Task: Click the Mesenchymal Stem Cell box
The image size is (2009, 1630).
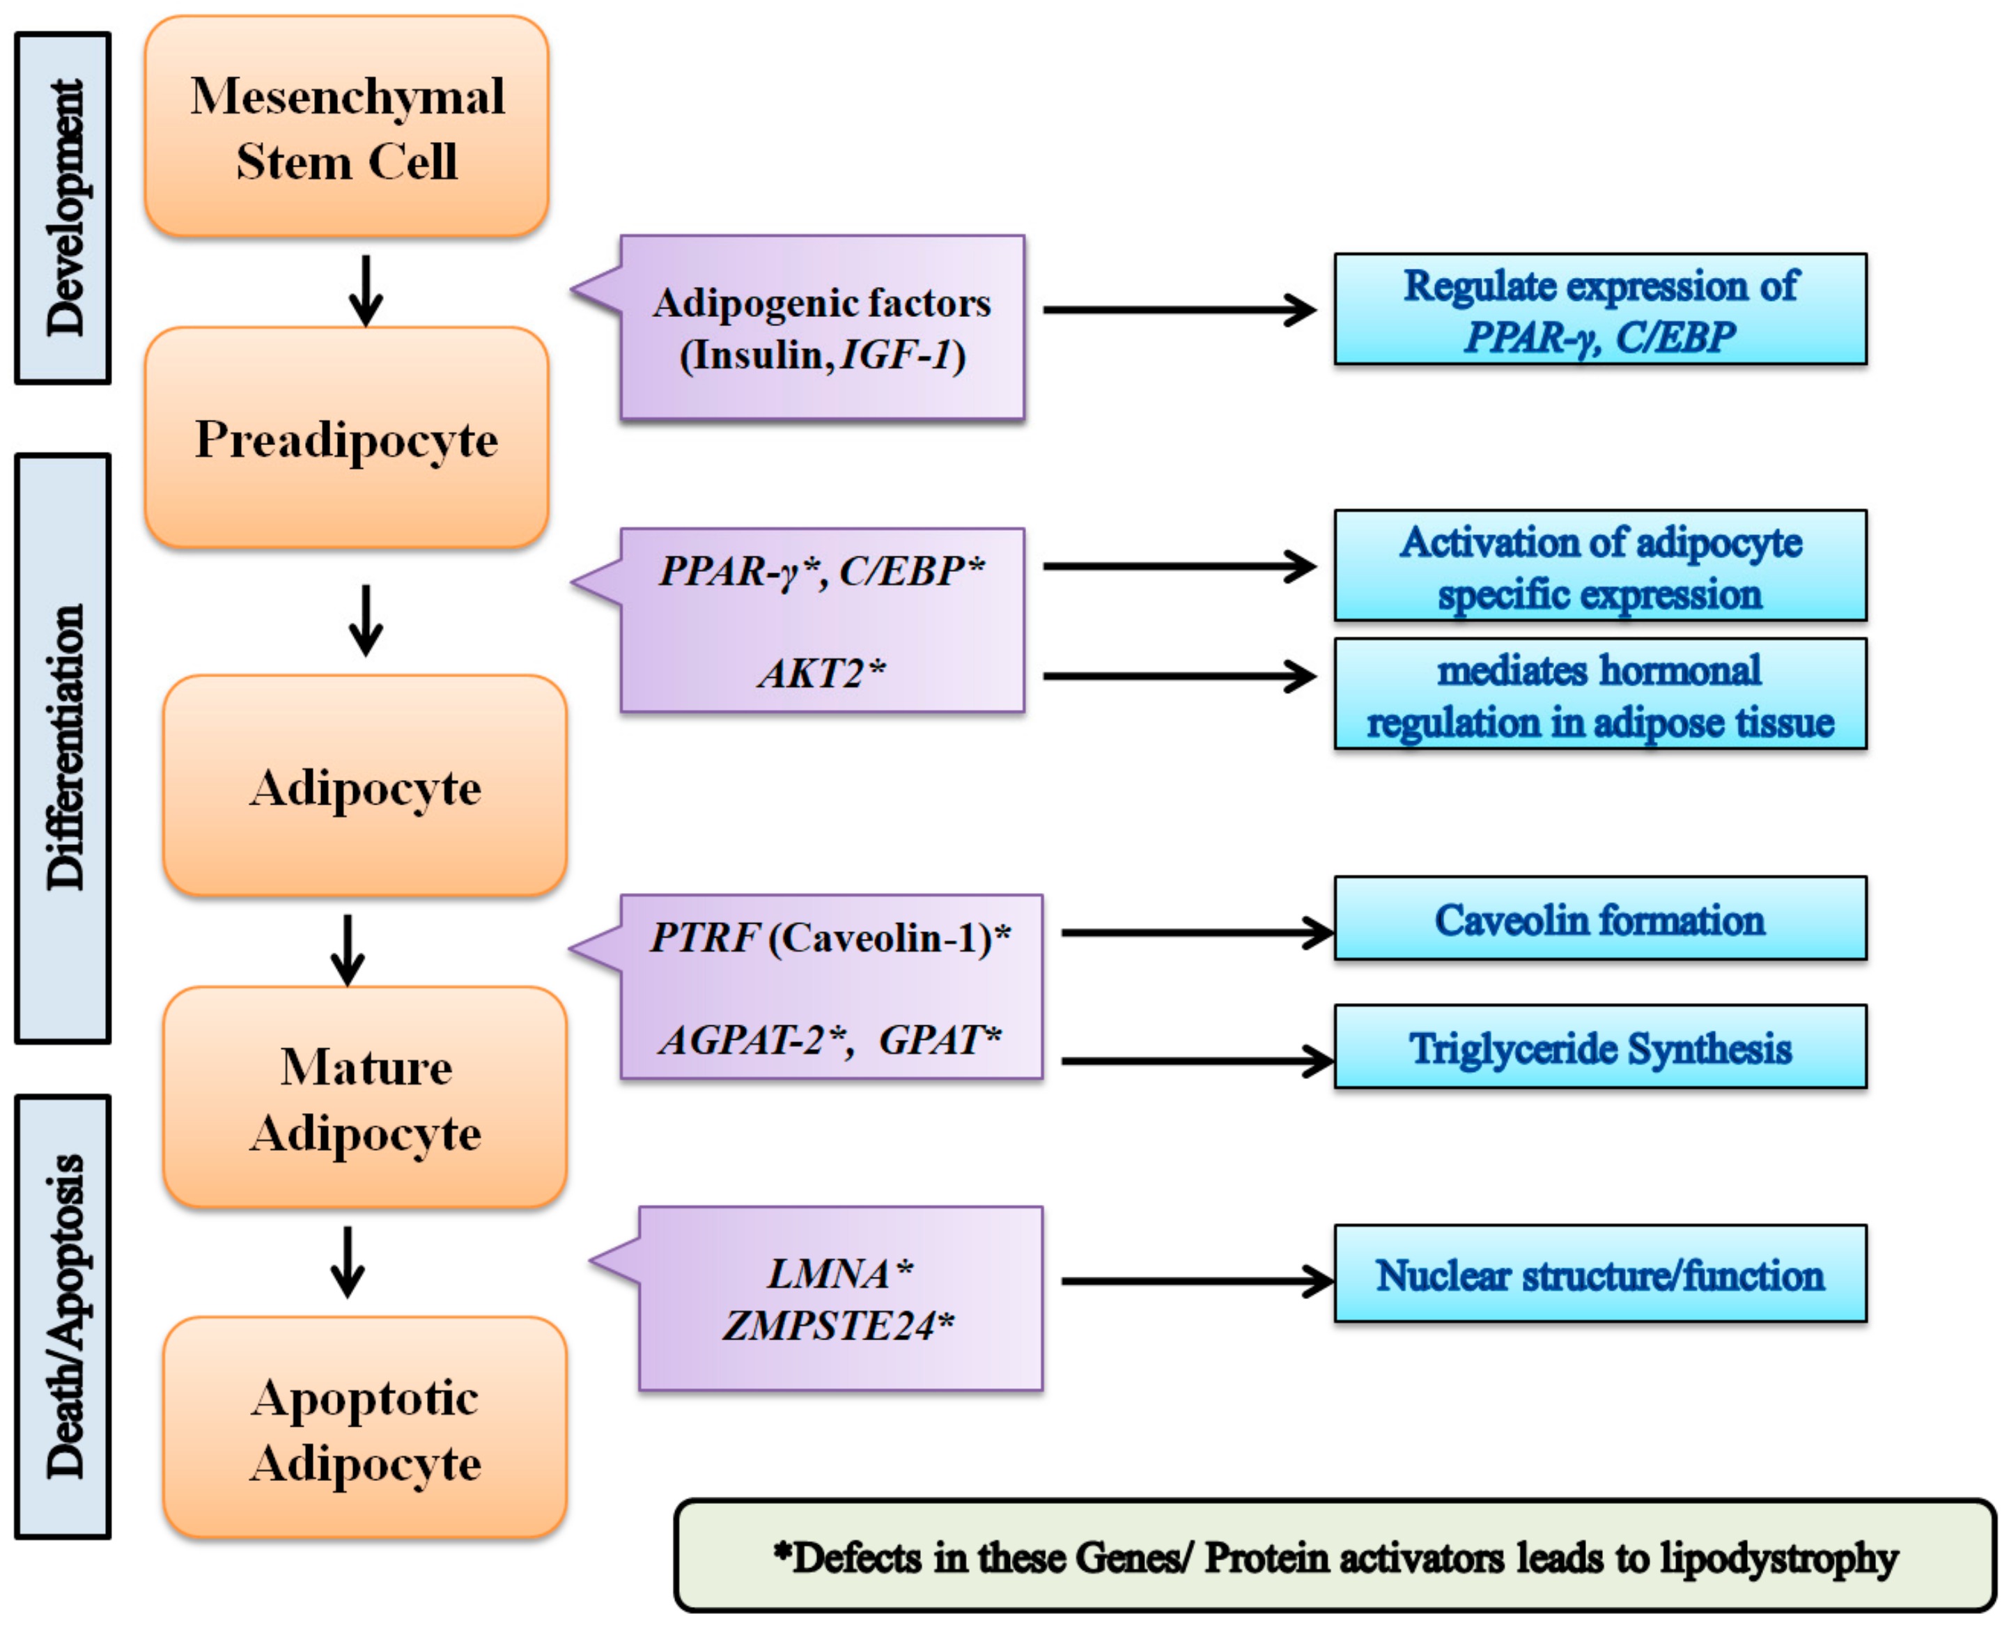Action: point(346,127)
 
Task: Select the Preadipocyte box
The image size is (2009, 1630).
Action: point(346,438)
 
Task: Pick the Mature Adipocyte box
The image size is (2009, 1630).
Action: point(365,1098)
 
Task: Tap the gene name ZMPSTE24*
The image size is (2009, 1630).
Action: point(838,1325)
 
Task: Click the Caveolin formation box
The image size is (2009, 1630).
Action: point(1599,919)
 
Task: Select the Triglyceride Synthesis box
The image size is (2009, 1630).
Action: point(1599,1047)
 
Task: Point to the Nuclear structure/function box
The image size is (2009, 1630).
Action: point(1599,1274)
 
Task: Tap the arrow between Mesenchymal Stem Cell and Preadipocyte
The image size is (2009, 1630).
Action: point(365,290)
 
